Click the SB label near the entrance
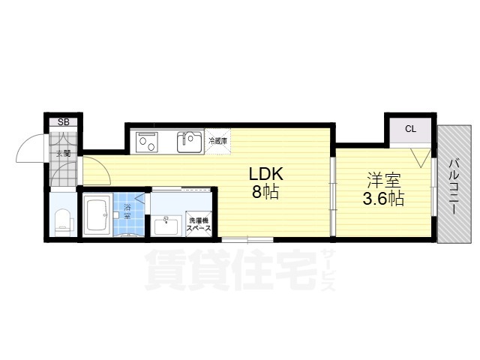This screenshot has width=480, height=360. pos(64,121)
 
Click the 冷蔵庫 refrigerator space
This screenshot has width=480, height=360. pos(218,140)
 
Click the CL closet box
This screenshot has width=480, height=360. pos(409,129)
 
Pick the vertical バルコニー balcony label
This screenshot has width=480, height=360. pos(455,184)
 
